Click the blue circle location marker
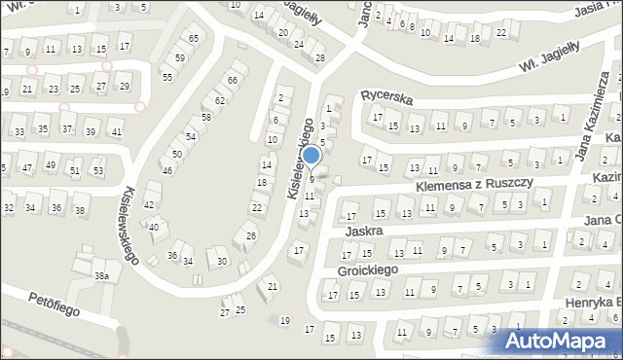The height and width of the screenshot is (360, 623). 311,155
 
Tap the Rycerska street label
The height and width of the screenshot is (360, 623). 387,96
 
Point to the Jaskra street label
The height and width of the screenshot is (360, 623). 362,232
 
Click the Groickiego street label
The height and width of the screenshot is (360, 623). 369,269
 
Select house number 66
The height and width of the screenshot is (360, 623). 233,80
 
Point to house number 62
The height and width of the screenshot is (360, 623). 220,100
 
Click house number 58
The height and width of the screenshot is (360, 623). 205,118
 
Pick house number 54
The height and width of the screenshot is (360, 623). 191,136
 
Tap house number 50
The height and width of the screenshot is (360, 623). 176,154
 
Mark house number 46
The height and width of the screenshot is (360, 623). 167,171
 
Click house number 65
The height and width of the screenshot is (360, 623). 194,38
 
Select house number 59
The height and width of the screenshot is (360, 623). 180,58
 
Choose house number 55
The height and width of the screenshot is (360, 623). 167,77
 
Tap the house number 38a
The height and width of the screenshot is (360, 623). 100,276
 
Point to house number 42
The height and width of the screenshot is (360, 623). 149,204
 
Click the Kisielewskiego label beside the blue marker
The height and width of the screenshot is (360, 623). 301,159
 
